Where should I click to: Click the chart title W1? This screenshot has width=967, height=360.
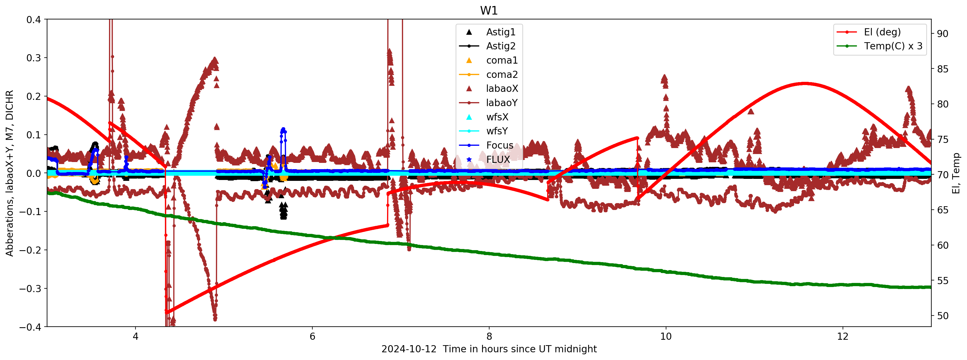pyautogui.click(x=489, y=11)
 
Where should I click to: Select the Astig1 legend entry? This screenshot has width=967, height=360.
pyautogui.click(x=500, y=32)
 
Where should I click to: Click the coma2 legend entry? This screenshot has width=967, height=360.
pyautogui.click(x=501, y=75)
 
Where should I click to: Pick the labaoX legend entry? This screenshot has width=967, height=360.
pyautogui.click(x=502, y=89)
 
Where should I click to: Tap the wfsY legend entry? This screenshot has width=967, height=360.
pyautogui.click(x=497, y=131)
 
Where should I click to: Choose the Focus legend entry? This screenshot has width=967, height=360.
pyautogui.click(x=499, y=145)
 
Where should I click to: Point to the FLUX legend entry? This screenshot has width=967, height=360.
pyautogui.click(x=498, y=159)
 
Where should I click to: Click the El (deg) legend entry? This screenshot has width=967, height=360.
pyautogui.click(x=882, y=32)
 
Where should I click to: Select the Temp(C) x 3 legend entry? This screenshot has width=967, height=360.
pyautogui.click(x=893, y=46)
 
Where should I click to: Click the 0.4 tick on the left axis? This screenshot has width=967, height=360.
pyautogui.click(x=33, y=19)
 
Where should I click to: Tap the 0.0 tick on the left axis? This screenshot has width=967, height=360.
pyautogui.click(x=33, y=173)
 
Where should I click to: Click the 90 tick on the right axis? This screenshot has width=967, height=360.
pyautogui.click(x=942, y=34)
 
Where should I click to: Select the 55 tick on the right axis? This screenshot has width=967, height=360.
pyautogui.click(x=942, y=281)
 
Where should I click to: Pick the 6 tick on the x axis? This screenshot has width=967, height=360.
pyautogui.click(x=312, y=336)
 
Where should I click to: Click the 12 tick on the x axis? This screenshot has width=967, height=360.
pyautogui.click(x=843, y=336)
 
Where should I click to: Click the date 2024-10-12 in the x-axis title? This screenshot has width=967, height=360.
pyautogui.click(x=409, y=349)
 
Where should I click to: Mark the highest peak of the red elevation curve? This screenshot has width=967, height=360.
pyautogui.click(x=804, y=83)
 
